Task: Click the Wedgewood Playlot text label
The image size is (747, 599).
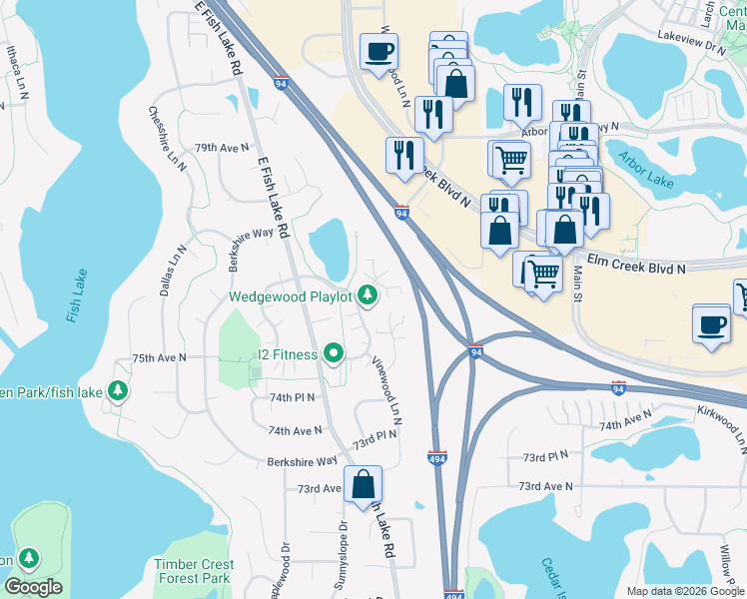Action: (290, 297)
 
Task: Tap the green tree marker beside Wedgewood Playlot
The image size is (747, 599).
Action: (369, 295)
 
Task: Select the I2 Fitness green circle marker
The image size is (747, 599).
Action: (334, 353)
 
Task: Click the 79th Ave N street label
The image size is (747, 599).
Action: (221, 147)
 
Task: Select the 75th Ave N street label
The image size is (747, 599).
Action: (160, 357)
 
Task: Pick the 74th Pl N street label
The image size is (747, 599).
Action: (292, 396)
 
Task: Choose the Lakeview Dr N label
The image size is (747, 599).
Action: (690, 45)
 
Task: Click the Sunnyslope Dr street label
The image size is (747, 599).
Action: (343, 540)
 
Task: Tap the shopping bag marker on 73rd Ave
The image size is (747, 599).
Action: (364, 484)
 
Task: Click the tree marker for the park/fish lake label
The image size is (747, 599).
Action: (119, 390)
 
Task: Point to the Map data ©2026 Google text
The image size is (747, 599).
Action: (684, 591)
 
